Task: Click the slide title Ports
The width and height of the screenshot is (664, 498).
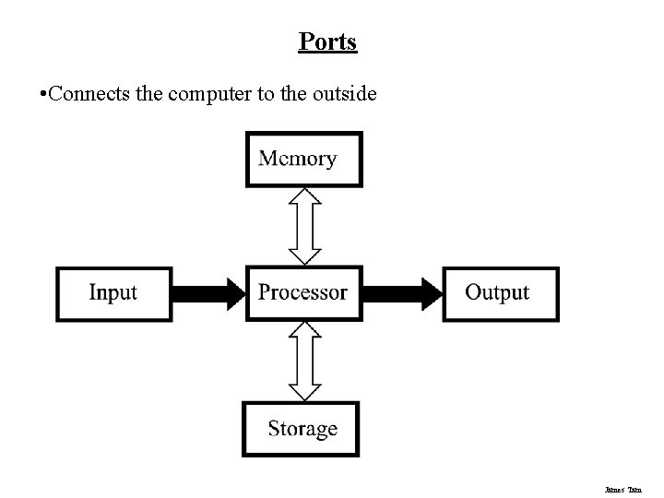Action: coord(327,41)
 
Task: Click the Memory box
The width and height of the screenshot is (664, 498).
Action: coord(303,159)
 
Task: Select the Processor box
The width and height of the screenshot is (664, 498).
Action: coord(303,292)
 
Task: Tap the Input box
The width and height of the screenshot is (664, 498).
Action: coord(113,293)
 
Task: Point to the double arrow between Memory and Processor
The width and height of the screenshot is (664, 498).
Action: coord(304,226)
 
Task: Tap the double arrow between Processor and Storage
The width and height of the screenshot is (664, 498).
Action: coord(304,361)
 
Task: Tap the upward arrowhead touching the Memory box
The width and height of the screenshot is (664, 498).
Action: coord(304,196)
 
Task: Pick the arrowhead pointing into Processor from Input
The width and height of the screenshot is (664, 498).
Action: coord(234,293)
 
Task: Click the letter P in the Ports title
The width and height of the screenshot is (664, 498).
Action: coord(305,41)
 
